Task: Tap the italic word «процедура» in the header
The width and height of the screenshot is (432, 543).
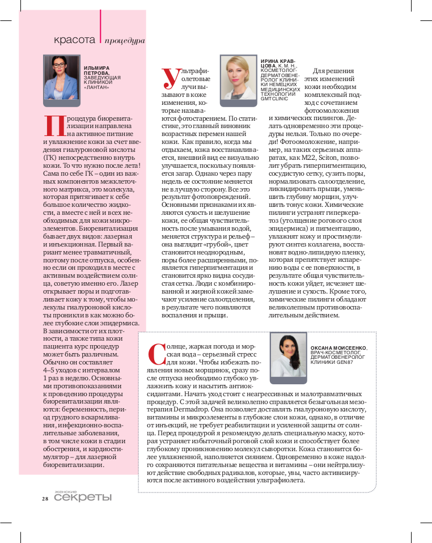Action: [x=125, y=41]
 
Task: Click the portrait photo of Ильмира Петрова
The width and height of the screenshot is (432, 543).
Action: [x=62, y=78]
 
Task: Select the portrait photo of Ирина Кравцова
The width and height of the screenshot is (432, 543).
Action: [x=239, y=78]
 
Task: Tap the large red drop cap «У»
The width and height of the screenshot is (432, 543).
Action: [x=169, y=78]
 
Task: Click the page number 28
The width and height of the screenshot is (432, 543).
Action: [x=45, y=499]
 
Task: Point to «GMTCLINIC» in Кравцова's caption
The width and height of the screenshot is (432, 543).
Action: [x=275, y=98]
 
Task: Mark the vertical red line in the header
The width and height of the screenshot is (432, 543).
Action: [x=100, y=28]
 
